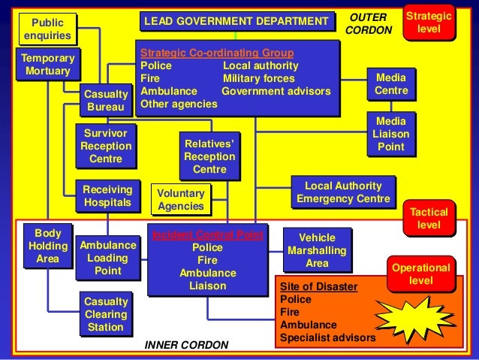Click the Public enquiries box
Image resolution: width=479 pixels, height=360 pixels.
pos(47,29)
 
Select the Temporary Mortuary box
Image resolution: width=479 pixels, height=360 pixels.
pos(47,65)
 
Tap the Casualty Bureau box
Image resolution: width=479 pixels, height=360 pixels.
pos(105,101)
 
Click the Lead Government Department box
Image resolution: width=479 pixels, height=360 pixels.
pos(236,21)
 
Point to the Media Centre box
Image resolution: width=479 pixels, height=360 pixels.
pos(391,84)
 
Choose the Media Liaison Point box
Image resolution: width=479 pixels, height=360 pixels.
pos(391,134)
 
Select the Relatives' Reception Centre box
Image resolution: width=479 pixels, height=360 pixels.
pos(209,156)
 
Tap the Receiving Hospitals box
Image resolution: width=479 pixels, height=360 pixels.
pos(107,196)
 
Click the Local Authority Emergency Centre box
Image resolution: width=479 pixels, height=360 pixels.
pos(343,192)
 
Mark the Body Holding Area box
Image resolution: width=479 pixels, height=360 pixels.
pos(47,246)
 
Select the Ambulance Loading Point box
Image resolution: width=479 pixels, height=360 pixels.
pos(108,258)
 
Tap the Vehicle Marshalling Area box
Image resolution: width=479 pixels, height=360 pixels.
pos(317,250)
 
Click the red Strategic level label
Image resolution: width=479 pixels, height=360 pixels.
pos(429,23)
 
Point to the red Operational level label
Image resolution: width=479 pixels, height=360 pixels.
pos(420,274)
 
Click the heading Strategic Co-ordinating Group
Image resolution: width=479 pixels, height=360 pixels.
pos(217,53)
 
